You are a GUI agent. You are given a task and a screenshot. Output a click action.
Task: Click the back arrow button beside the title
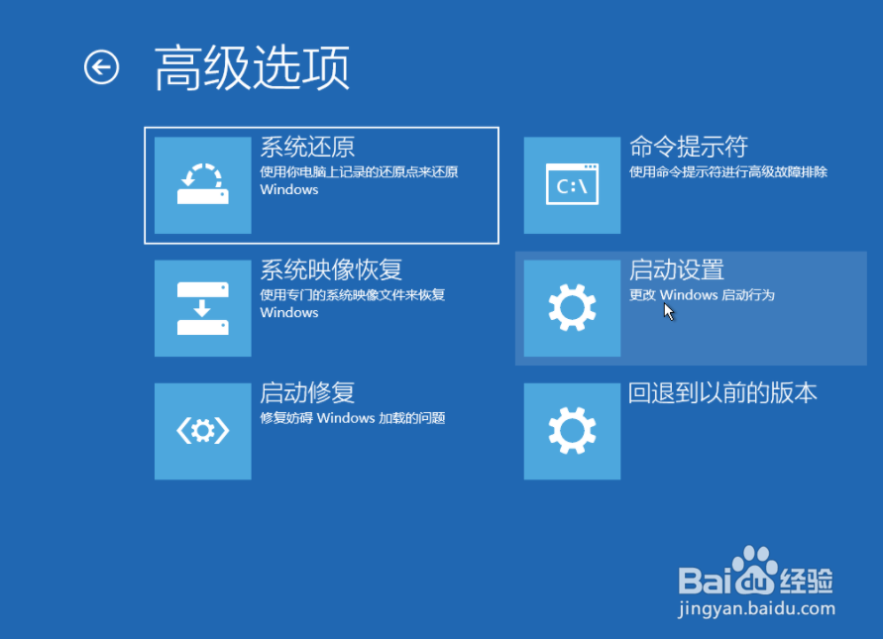(101, 67)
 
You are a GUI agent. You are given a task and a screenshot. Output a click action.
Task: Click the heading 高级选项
(253, 68)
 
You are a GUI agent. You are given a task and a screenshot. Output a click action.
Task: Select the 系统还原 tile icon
(203, 185)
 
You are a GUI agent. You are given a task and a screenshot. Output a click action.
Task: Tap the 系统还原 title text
(307, 147)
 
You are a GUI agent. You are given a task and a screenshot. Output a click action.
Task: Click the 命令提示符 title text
(689, 147)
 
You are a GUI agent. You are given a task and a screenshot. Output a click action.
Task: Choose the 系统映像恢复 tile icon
(203, 308)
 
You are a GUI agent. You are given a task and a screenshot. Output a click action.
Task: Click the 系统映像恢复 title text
(331, 269)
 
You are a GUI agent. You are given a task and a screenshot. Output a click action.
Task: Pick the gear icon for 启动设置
(572, 308)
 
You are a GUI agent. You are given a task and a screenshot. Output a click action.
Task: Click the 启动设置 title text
(676, 269)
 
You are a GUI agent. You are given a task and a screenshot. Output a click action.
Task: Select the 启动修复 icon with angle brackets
(203, 431)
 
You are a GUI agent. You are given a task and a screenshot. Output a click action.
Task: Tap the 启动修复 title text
(307, 393)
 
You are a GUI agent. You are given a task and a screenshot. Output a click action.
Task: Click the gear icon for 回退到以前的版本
(572, 431)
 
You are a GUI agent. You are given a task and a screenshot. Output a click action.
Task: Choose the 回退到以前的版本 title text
(722, 393)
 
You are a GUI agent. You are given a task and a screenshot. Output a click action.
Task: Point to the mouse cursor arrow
(669, 311)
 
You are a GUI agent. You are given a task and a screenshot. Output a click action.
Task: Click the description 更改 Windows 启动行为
(702, 295)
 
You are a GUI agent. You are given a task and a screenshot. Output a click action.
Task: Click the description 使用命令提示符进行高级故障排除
(728, 171)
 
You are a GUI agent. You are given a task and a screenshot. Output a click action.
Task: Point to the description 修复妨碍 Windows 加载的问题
(353, 418)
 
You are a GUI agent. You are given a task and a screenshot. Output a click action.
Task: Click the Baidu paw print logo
(754, 570)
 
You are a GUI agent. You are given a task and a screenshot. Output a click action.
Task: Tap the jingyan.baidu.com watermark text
(757, 609)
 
